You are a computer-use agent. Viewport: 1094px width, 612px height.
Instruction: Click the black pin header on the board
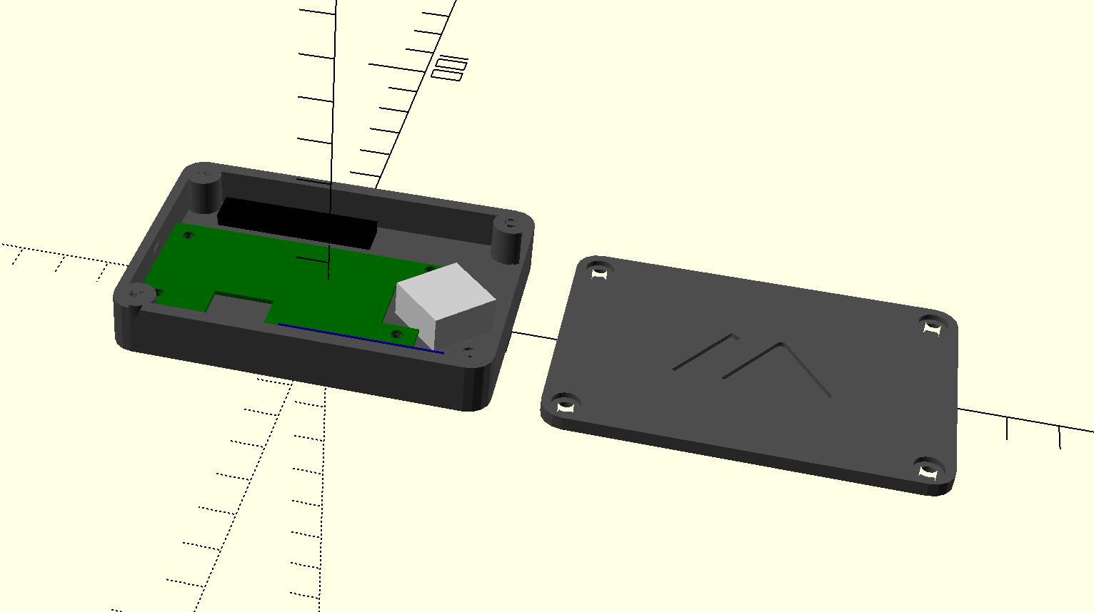pyautogui.click(x=297, y=221)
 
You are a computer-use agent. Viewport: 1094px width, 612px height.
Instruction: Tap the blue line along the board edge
pyautogui.click(x=361, y=338)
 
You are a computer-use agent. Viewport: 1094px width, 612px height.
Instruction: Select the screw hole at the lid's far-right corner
pyautogui.click(x=931, y=327)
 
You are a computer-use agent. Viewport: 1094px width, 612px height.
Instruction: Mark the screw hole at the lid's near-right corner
pyautogui.click(x=928, y=471)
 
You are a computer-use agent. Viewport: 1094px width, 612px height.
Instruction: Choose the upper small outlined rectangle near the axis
pyautogui.click(x=453, y=63)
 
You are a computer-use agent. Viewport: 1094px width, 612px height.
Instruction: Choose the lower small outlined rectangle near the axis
pyautogui.click(x=448, y=74)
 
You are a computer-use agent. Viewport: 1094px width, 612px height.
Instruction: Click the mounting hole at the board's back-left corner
pyautogui.click(x=190, y=233)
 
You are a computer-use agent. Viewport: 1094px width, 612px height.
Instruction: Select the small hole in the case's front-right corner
pyautogui.click(x=468, y=352)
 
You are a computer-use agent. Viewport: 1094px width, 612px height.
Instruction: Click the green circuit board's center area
pyautogui.click(x=300, y=275)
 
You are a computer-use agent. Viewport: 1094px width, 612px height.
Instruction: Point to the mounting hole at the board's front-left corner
pyautogui.click(x=159, y=292)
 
